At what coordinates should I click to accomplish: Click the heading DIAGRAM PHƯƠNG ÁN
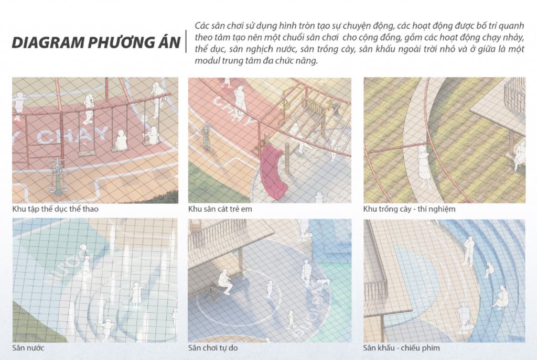pos(96,43)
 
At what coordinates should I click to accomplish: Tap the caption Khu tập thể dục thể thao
pos(55,209)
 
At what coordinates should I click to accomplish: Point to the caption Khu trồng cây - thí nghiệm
pos(409,209)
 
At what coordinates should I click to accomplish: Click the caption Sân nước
pos(28,348)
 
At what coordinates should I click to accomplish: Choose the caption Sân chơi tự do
pos(213,348)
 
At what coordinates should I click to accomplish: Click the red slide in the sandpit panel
pos(273,172)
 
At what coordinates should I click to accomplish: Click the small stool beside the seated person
pos(213,293)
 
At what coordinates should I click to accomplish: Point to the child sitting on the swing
pos(120,140)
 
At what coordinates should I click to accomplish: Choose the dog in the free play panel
pos(322,282)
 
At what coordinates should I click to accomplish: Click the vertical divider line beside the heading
pos(186,41)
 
